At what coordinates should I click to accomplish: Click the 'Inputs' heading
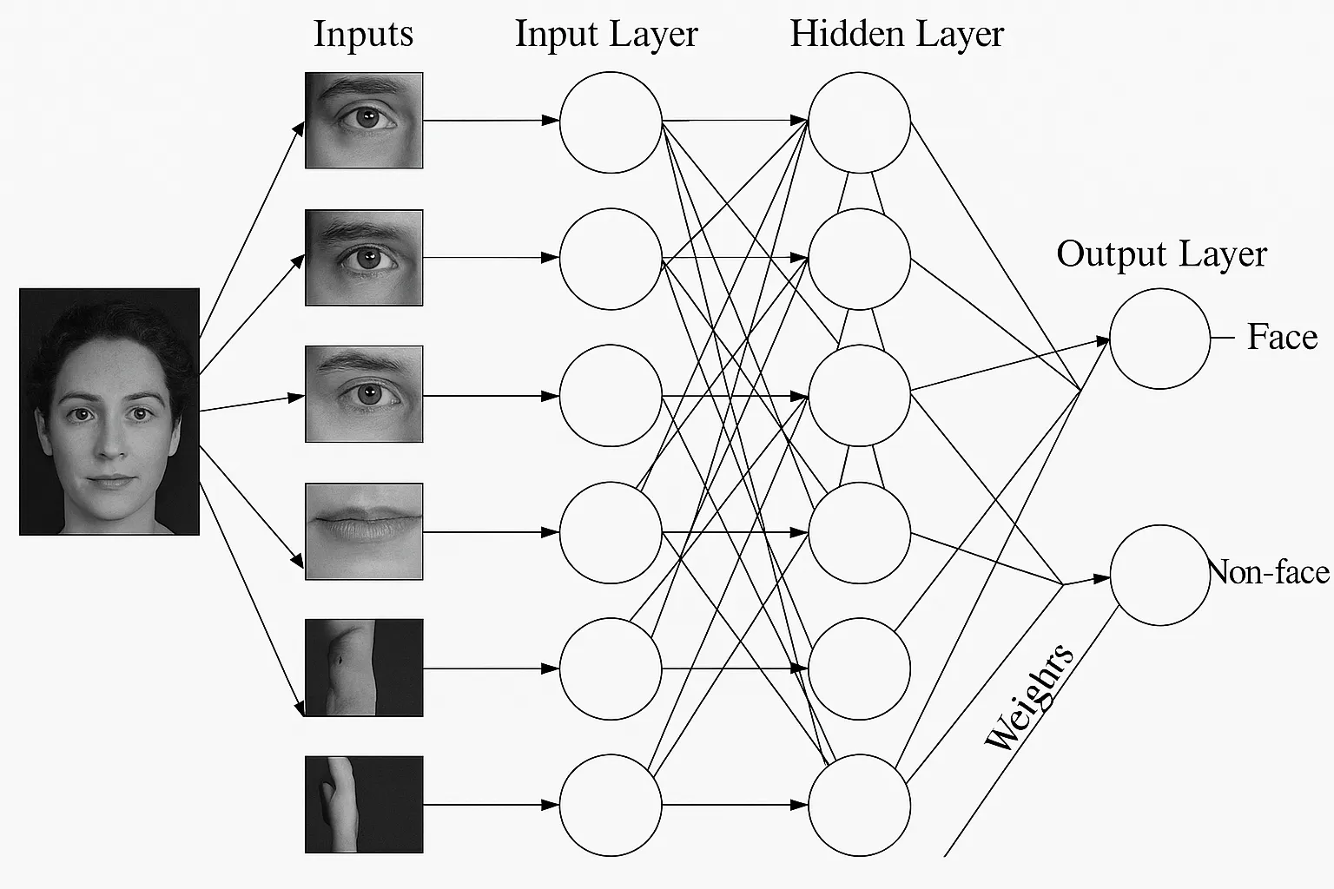[363, 35]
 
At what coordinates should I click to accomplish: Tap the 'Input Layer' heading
[606, 35]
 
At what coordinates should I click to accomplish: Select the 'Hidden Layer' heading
[896, 35]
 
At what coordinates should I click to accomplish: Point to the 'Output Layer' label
[1161, 254]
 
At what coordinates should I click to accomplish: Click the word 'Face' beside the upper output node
[1282, 337]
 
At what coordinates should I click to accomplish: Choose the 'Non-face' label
[1270, 572]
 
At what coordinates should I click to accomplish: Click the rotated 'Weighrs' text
[1030, 697]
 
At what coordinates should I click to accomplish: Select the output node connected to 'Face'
[1159, 339]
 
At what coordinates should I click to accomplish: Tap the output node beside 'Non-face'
[1159, 575]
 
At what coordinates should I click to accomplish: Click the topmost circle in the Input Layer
[611, 122]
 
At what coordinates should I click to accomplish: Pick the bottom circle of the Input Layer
[611, 805]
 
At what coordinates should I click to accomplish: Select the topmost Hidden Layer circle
[859, 122]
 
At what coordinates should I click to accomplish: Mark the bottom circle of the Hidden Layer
[859, 805]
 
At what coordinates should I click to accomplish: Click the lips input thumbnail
[364, 531]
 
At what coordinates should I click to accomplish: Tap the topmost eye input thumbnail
[364, 120]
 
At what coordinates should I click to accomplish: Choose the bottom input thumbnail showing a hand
[364, 804]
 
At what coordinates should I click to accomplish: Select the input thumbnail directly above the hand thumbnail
[364, 668]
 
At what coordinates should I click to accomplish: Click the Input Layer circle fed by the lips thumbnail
[611, 532]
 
